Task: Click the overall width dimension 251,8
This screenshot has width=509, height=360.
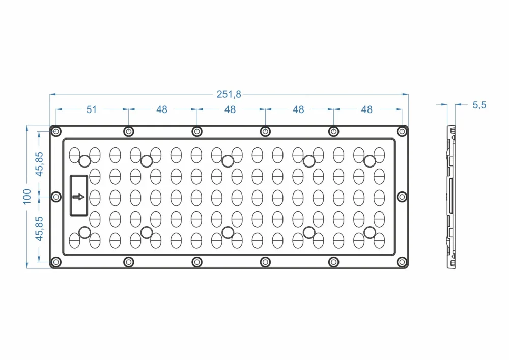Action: pos(229,94)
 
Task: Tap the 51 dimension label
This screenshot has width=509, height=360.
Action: pos(92,109)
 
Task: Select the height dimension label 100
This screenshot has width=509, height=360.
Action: pos(27,197)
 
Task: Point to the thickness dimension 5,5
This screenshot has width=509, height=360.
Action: pos(479,105)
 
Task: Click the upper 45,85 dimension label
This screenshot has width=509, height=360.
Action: pos(39,164)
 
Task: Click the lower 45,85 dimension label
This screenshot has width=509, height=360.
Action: pos(39,229)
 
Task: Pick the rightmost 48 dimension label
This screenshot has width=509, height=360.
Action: pos(367,109)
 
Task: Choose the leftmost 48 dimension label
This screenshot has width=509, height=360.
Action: pos(162,109)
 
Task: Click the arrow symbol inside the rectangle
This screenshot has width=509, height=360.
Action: pos(78,197)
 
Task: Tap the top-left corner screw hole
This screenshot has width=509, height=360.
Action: pos(56,131)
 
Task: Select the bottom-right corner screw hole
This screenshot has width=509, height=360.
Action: pos(402,262)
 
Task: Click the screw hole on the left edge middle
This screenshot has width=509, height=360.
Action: pos(56,197)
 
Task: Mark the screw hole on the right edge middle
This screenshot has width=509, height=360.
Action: pos(402,197)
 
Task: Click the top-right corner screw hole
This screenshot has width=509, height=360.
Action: pos(402,131)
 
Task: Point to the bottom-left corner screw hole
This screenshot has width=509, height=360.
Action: pos(56,262)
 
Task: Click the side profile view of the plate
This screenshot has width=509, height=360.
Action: pos(451,197)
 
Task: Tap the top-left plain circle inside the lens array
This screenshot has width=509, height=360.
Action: pos(84,161)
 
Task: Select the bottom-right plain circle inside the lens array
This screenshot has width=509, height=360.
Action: pos(370,232)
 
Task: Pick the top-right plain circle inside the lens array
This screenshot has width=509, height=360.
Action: pos(370,161)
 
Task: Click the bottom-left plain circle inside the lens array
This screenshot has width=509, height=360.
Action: pos(84,232)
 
